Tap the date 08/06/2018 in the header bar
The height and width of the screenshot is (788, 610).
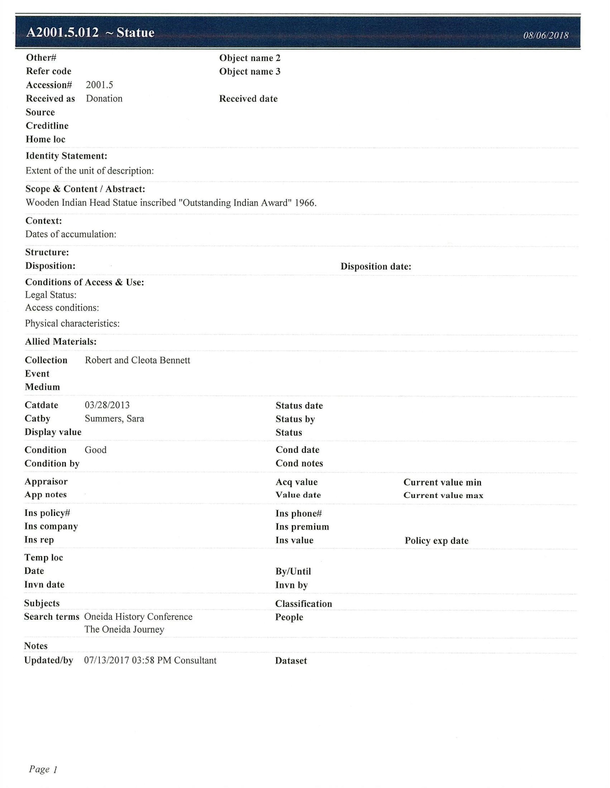click(x=545, y=35)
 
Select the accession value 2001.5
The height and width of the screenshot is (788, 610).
click(x=99, y=85)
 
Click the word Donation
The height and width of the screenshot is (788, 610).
click(x=104, y=99)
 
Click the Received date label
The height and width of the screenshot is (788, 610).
click(x=248, y=99)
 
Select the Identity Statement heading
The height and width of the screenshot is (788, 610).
click(x=66, y=156)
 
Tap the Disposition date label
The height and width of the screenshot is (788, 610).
click(x=375, y=267)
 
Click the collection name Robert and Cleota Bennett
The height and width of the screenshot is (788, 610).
click(x=137, y=360)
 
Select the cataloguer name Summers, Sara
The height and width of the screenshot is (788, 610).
click(x=114, y=419)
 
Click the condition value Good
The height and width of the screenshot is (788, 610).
click(x=95, y=450)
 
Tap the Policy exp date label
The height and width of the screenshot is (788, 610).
click(x=436, y=540)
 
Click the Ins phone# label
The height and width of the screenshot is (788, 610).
click(x=298, y=513)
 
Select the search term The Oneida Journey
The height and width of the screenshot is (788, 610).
click(x=124, y=630)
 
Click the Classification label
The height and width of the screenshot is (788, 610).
click(x=303, y=604)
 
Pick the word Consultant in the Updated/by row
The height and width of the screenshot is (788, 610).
click(x=195, y=660)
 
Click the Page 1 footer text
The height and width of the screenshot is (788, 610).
click(x=43, y=769)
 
